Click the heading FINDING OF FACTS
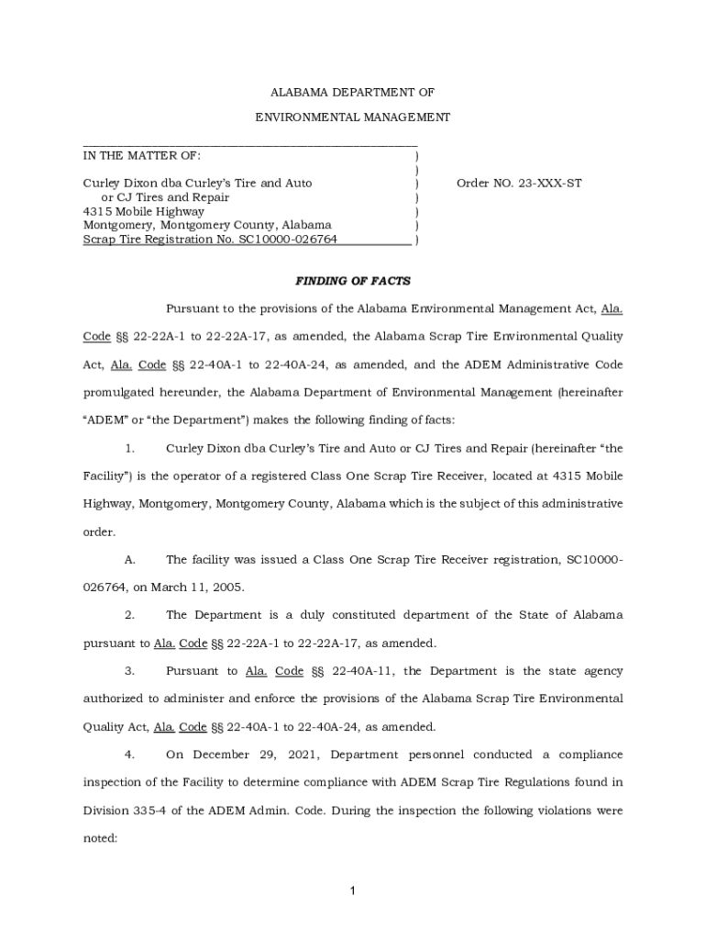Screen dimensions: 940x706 point(352,281)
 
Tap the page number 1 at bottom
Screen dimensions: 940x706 point(352,890)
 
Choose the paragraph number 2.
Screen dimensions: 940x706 point(129,614)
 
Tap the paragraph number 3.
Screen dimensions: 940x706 point(129,671)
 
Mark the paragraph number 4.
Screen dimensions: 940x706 point(129,755)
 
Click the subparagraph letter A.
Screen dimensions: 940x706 point(129,559)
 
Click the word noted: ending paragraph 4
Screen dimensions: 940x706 point(101,838)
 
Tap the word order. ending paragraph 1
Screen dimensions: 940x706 point(98,531)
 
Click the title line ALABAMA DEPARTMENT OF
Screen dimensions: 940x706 point(352,93)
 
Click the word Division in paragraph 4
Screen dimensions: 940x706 point(108,811)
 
